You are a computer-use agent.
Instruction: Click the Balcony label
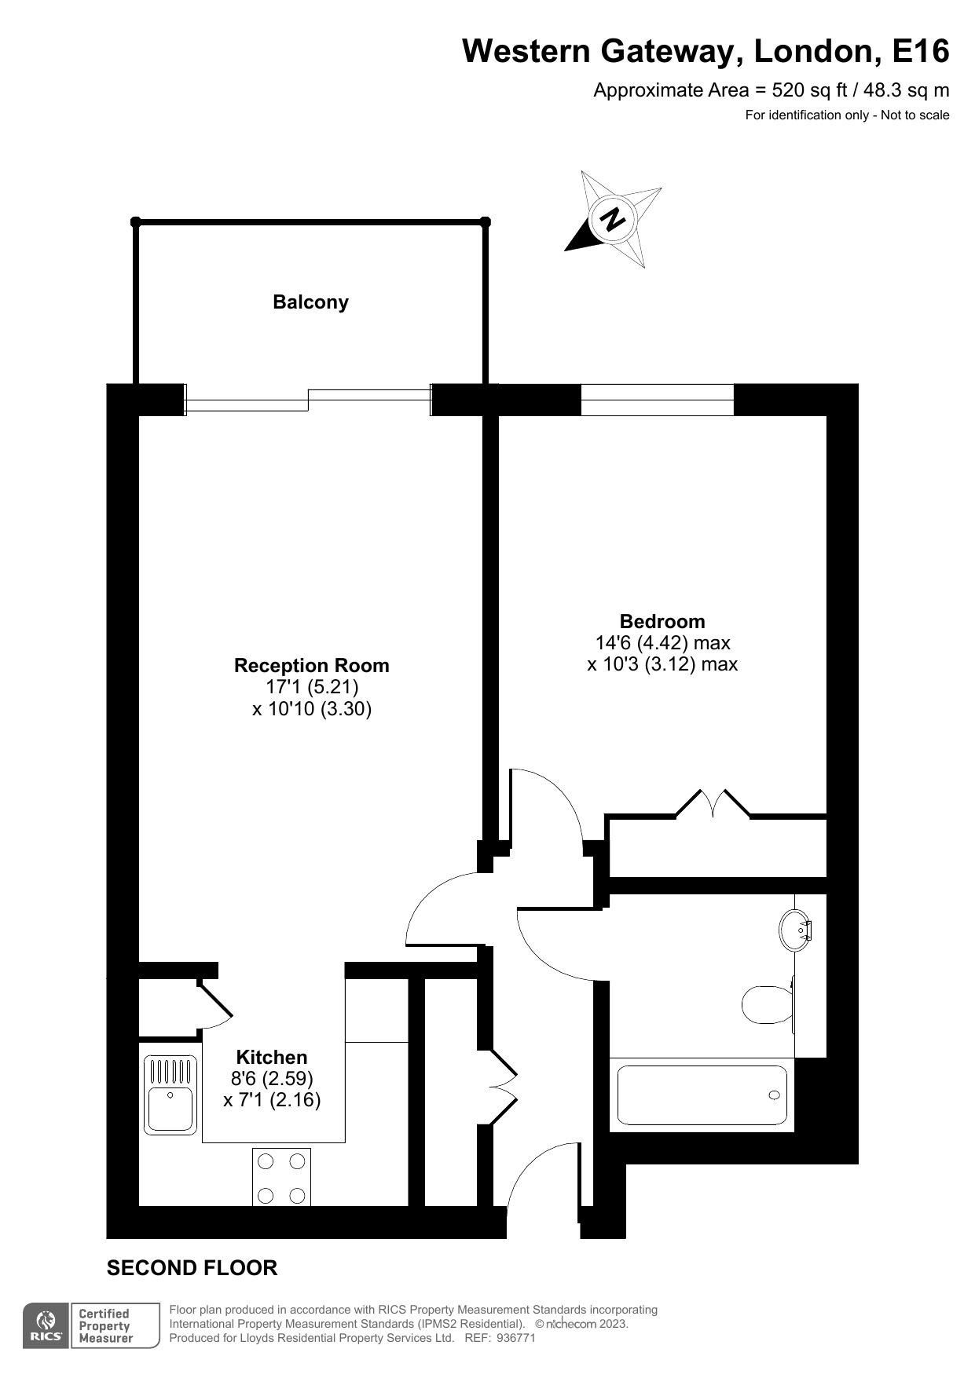[x=310, y=302]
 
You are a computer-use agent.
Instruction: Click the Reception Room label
[x=311, y=665]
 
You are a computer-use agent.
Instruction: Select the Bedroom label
[x=662, y=621]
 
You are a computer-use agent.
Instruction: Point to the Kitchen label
[x=272, y=1057]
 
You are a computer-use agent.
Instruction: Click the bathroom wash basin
[x=794, y=930]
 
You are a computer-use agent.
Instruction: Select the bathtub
[x=702, y=1095]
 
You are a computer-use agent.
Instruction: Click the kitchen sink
[x=170, y=1095]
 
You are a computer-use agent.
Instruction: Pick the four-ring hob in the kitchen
[x=281, y=1177]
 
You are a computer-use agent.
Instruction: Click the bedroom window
[x=657, y=400]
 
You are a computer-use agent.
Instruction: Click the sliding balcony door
[x=308, y=400]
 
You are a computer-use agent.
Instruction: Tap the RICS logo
[x=46, y=1326]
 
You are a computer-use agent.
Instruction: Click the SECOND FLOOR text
[x=192, y=1268]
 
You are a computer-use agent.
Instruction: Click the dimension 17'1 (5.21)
[x=312, y=687]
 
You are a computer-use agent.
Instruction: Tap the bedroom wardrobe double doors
[x=713, y=804]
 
